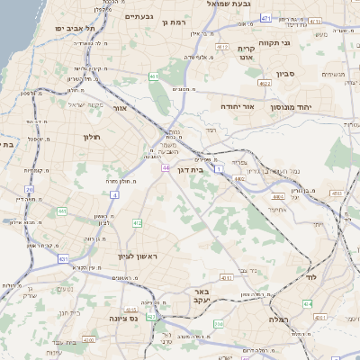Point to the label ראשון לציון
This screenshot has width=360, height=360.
tap(138, 256)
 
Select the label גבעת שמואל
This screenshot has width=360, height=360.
tap(213, 4)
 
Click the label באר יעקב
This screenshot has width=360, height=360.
tap(201, 298)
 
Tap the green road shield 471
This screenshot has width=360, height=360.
tap(266, 18)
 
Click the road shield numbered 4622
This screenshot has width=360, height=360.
tap(264, 84)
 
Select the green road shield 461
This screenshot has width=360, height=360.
tap(154, 77)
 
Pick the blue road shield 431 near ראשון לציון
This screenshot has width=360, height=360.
tap(64, 259)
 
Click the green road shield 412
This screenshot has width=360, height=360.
tap(137, 223)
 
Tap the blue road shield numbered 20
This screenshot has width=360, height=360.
tap(30, 190)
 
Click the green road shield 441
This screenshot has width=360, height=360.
tap(61, 211)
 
